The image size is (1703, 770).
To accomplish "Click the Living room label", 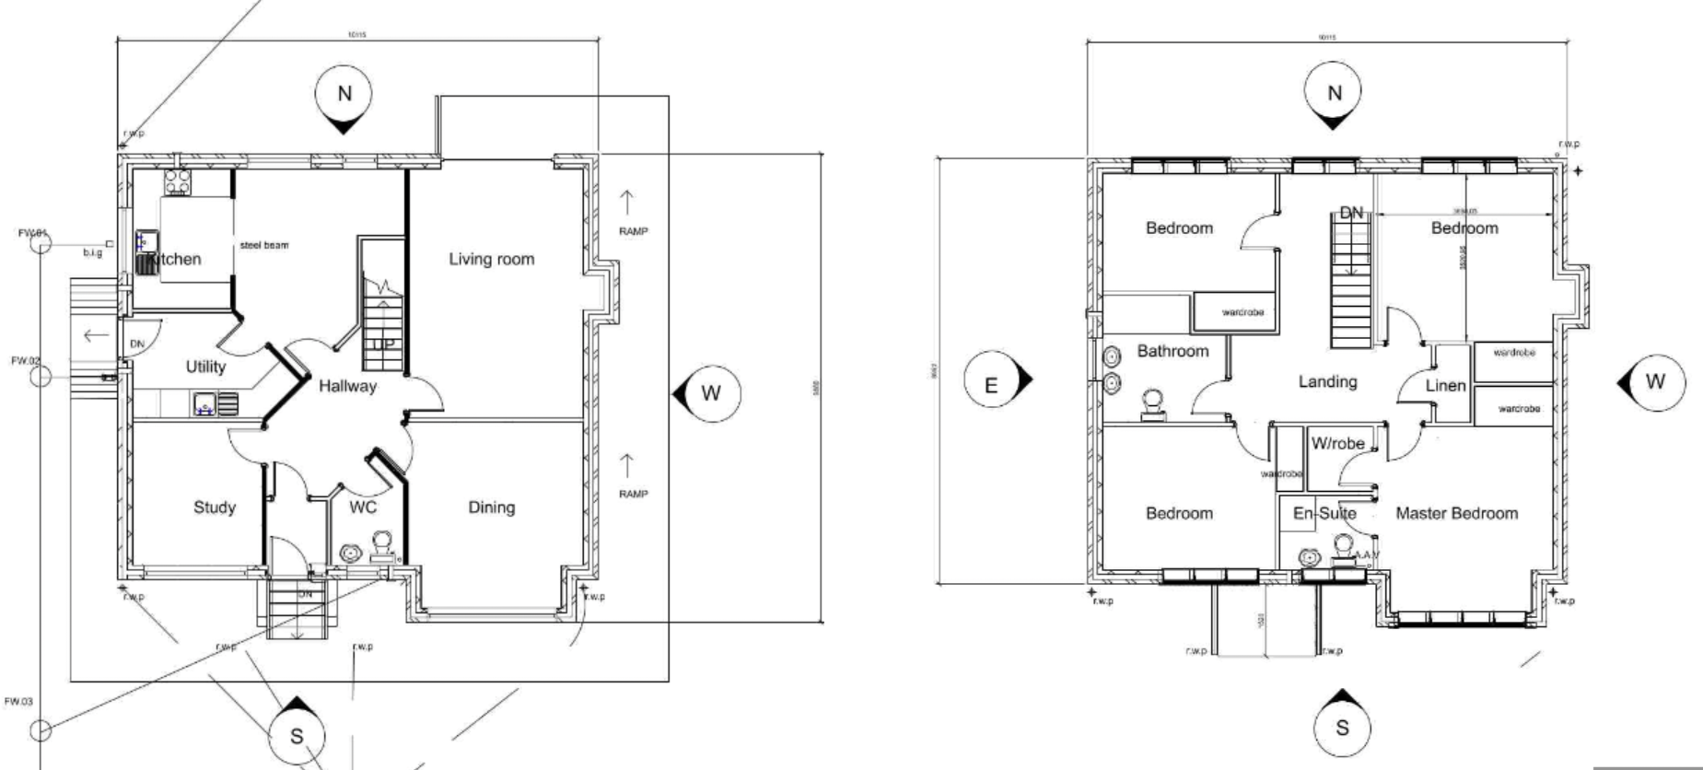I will (491, 259).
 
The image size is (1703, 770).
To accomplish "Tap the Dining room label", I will (491, 507).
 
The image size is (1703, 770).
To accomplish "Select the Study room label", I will (215, 507).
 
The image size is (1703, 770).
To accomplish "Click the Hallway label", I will (347, 386).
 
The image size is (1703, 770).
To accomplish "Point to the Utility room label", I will (205, 367).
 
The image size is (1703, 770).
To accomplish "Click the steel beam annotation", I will (264, 245).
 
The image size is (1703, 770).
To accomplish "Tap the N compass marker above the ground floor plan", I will (344, 94).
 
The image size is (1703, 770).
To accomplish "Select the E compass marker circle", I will (991, 384).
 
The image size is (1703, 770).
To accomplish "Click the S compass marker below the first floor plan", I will (1341, 728).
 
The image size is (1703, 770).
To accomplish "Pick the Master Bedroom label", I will (1456, 513).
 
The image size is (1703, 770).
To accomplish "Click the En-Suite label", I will (1324, 513).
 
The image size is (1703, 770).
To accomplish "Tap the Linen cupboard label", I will (1445, 385).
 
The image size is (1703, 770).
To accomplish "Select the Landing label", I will (1327, 381).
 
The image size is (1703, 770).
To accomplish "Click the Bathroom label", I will (1172, 351).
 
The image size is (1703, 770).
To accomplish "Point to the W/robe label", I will (1337, 443).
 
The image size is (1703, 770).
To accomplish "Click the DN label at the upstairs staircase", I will (1351, 213).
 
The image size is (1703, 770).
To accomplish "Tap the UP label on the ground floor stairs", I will (382, 344).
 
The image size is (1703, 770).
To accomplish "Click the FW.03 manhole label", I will (18, 702).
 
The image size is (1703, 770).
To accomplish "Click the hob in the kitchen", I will (177, 181).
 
